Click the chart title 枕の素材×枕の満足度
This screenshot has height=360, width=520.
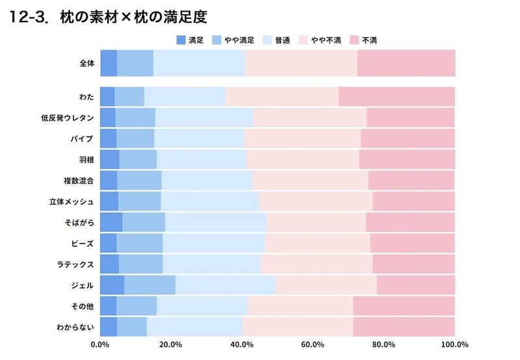134,17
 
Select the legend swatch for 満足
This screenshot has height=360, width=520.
181,40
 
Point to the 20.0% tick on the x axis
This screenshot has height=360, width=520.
171,345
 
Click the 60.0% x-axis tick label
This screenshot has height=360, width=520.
313,345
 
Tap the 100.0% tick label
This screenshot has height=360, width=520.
454,345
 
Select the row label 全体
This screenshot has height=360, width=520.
87,63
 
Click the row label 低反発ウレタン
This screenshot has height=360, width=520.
68,118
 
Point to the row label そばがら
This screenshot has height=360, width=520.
79,222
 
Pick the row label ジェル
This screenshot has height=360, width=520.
83,285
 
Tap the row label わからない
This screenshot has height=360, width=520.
75,327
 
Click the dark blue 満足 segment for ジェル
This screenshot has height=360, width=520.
112,285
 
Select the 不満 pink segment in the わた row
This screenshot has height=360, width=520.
396,97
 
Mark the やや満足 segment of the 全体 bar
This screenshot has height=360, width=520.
135,63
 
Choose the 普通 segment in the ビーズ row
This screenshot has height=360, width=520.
214,243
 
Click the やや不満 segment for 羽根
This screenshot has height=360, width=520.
303,159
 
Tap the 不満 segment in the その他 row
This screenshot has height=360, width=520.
404,306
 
